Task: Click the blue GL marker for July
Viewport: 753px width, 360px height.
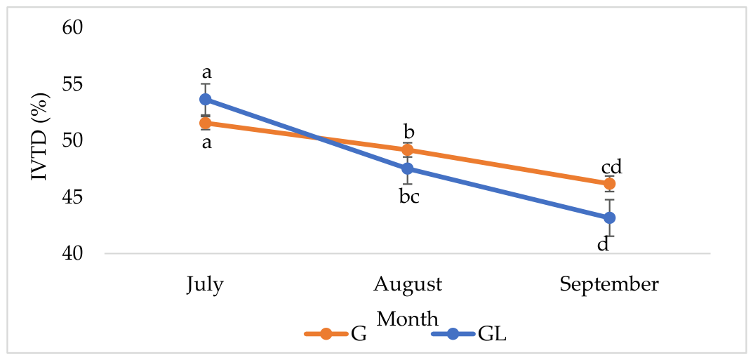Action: (x=206, y=100)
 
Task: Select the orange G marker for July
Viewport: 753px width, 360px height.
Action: (x=206, y=124)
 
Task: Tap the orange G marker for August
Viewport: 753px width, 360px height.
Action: (x=408, y=150)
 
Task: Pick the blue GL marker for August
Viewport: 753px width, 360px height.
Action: (x=408, y=168)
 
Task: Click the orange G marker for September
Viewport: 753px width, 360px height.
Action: (x=609, y=183)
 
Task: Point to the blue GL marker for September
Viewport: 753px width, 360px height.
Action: (x=609, y=218)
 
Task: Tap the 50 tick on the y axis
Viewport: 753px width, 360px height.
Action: (x=73, y=140)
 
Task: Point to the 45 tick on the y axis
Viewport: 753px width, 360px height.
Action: (x=73, y=196)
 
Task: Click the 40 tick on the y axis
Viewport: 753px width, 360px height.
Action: (x=73, y=253)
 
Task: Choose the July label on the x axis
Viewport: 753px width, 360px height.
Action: (x=205, y=285)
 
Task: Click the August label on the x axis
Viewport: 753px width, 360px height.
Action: (x=408, y=285)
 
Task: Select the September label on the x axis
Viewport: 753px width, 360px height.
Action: (x=609, y=285)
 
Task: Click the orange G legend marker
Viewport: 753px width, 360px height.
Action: (x=326, y=334)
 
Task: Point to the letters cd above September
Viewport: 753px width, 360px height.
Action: (x=612, y=168)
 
